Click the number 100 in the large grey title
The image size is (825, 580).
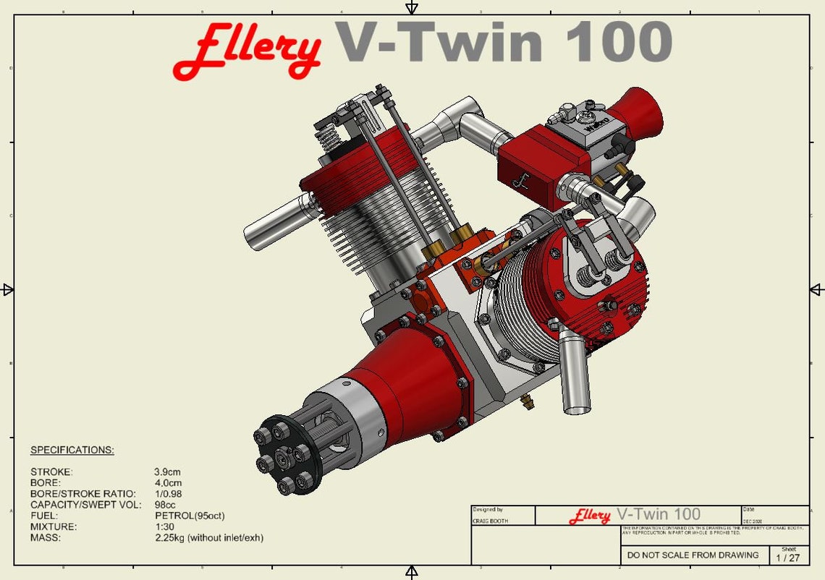click(x=619, y=41)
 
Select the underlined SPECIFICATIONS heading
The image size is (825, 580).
click(x=72, y=450)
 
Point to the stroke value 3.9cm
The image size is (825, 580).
click(x=167, y=472)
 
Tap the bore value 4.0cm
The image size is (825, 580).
click(x=167, y=483)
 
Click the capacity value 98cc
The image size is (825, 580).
click(x=165, y=505)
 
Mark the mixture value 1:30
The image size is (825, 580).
click(x=164, y=526)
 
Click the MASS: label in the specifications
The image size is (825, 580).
click(x=45, y=538)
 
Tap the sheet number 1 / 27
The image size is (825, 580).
click(x=788, y=558)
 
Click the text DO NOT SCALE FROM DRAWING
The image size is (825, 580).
click(x=693, y=555)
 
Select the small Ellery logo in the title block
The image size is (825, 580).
click(x=589, y=516)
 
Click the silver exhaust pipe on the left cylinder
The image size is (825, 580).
click(x=275, y=221)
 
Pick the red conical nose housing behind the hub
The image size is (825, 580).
click(x=405, y=394)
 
